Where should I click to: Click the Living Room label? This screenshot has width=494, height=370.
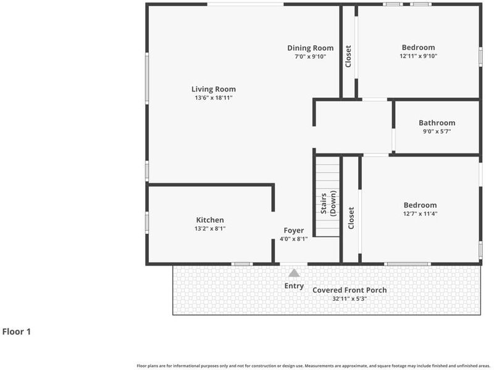pos(214,89)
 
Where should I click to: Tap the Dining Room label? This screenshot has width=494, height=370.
pos(311,48)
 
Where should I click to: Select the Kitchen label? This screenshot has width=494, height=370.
pos(210,220)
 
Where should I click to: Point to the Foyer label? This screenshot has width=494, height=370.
pos(294,231)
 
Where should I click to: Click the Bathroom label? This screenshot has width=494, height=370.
pos(437,123)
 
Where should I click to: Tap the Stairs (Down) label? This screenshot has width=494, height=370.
pos(329,204)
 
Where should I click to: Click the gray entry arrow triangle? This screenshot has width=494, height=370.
pos(294,273)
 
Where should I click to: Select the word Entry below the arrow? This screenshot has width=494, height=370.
pos(294,286)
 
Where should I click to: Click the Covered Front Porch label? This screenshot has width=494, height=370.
pos(350,290)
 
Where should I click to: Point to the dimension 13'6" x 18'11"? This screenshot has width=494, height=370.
pos(214,98)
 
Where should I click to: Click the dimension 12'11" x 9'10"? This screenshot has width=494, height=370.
pos(419,56)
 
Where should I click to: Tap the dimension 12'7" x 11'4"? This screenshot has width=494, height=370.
pos(421,213)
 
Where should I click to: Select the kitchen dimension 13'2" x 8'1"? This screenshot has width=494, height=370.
pos(210,228)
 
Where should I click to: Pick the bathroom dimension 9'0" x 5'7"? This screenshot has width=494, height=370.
pos(437,131)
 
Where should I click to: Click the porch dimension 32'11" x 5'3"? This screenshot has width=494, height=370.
pos(350,299)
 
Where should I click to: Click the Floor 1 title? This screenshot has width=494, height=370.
pos(17,332)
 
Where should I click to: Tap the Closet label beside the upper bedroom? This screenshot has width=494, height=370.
pos(348,56)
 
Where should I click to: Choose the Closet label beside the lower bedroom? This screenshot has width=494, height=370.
pos(351,218)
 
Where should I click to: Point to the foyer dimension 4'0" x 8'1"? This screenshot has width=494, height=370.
pos(294,239)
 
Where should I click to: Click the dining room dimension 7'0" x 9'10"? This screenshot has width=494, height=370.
pos(311,57)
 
